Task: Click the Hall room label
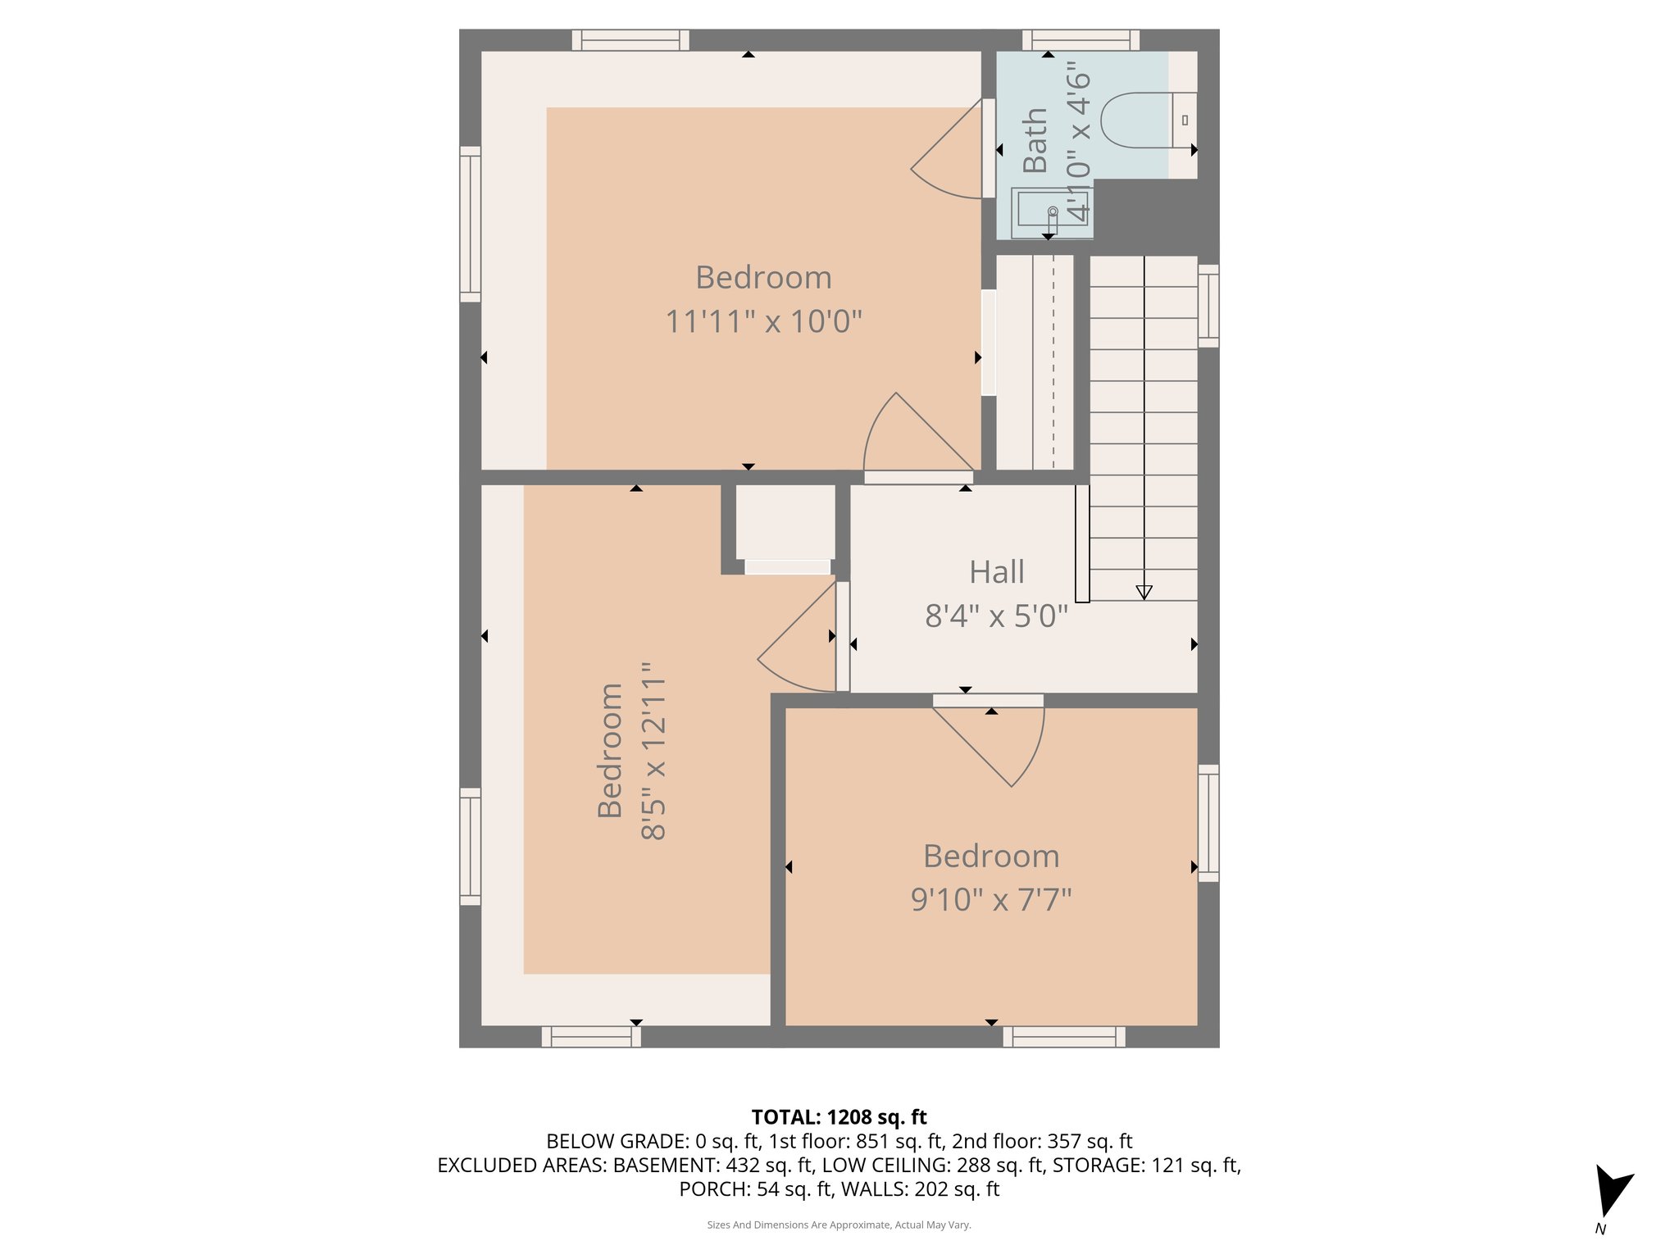point(996,572)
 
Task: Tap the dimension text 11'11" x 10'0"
point(763,321)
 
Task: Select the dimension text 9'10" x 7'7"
point(991,900)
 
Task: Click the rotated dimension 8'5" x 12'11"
point(653,752)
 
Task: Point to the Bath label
point(1035,140)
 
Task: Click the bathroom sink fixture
point(1049,211)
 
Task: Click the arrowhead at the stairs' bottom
point(1144,592)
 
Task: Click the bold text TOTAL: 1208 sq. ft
point(839,1117)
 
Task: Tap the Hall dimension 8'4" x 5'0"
point(996,616)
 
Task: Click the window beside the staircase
point(1208,305)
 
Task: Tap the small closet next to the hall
point(785,522)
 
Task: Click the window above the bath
point(1081,39)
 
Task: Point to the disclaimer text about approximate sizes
point(839,1225)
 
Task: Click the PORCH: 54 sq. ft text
point(755,1189)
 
